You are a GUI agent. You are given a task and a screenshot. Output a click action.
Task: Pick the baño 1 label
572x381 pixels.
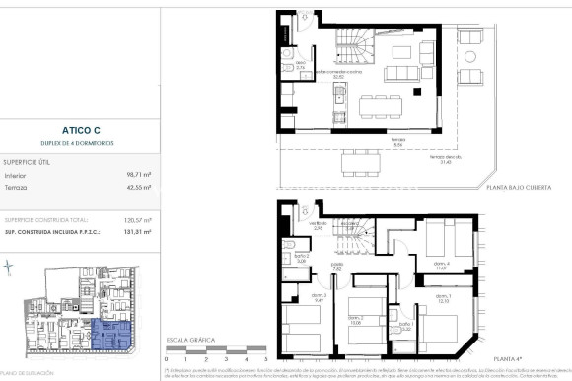404,327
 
